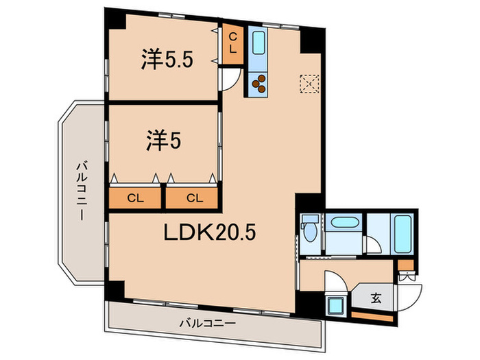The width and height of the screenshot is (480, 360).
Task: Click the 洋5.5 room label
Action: coord(167,60)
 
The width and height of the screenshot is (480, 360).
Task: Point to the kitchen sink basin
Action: coord(259,45)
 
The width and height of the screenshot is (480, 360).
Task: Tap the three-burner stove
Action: coord(260,83)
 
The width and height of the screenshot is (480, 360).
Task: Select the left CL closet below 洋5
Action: coord(135,198)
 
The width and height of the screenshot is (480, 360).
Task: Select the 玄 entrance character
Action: coord(376,299)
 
